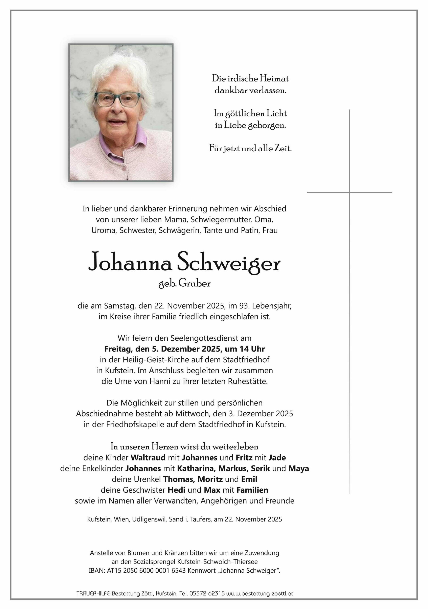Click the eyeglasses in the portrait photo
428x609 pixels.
[x=118, y=99]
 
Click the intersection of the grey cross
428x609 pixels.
[x=349, y=192]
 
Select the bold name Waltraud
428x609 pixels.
[x=148, y=458]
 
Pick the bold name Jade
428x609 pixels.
[x=277, y=458]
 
